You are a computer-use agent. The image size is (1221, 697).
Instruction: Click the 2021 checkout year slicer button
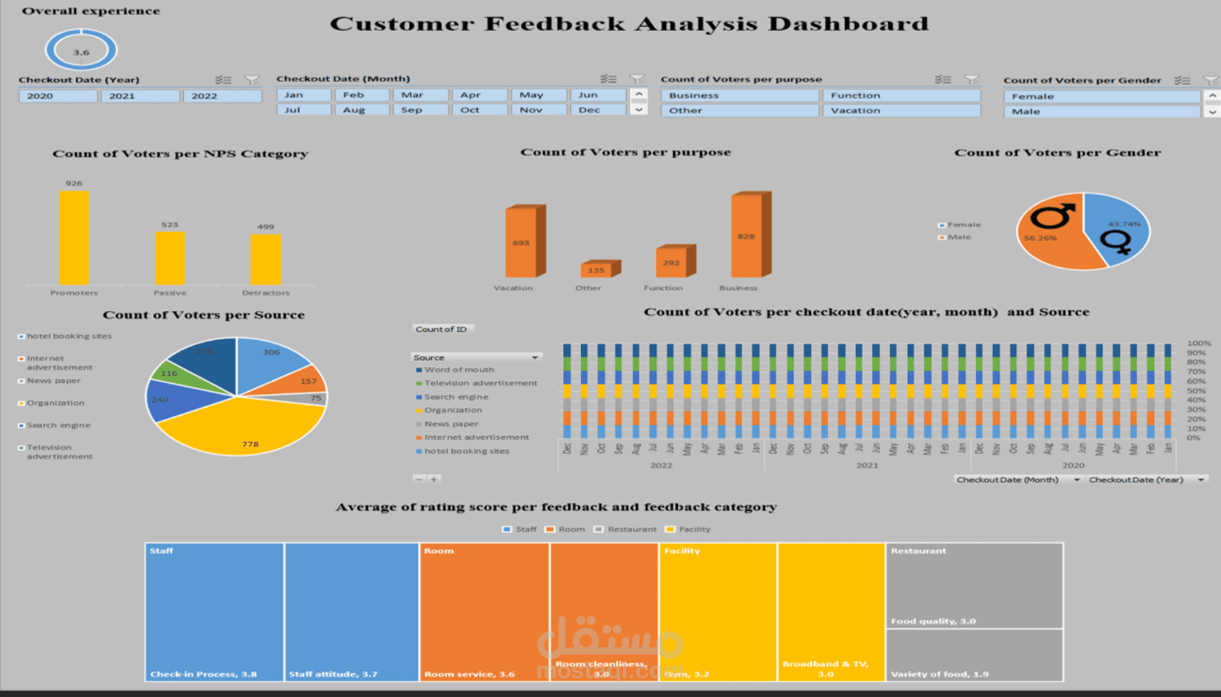tap(140, 96)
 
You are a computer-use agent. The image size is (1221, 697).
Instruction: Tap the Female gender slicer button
tap(1100, 96)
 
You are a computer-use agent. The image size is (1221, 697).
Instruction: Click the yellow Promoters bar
tap(74, 238)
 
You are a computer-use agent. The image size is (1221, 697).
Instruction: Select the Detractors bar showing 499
tap(266, 259)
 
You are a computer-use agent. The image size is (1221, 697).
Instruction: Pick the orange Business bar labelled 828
tap(747, 236)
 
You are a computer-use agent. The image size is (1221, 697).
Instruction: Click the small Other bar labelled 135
tap(597, 270)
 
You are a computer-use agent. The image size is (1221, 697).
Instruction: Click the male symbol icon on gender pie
tap(1053, 215)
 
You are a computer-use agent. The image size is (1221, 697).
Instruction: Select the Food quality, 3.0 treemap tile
tap(973, 586)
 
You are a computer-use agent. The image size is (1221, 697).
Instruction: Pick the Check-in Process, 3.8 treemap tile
tap(214, 611)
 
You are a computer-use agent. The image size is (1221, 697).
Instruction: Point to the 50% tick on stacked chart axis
tap(1196, 391)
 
